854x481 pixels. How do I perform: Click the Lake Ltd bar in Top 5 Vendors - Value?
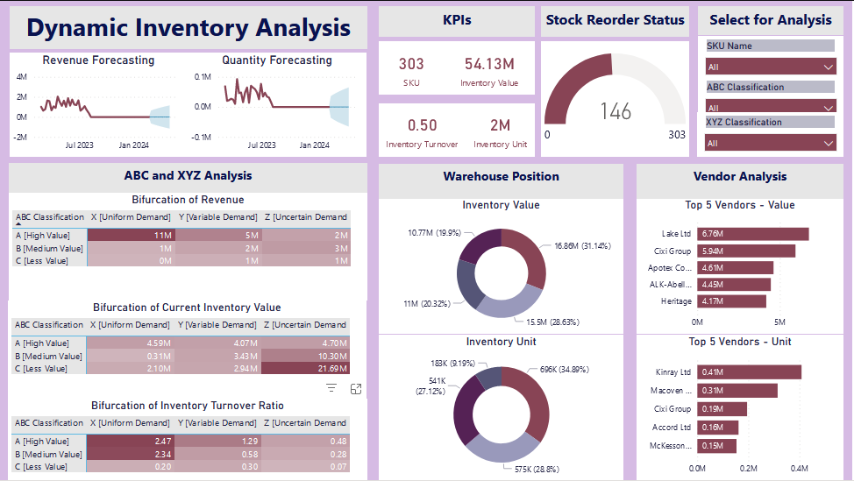click(752, 234)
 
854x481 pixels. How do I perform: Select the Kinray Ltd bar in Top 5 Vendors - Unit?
click(749, 372)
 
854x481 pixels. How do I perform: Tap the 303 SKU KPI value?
click(411, 64)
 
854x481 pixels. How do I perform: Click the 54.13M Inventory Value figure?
click(489, 64)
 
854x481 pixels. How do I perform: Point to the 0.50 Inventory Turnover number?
click(422, 125)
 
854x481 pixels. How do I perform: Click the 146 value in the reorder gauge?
click(616, 111)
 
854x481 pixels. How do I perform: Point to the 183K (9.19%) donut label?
click(452, 362)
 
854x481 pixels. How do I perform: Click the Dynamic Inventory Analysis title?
click(189, 28)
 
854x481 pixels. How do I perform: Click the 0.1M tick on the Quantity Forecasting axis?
click(202, 77)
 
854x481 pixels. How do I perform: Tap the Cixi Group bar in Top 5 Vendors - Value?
click(746, 251)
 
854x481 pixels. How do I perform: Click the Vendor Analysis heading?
click(740, 176)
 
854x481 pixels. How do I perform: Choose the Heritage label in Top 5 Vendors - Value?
click(677, 301)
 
